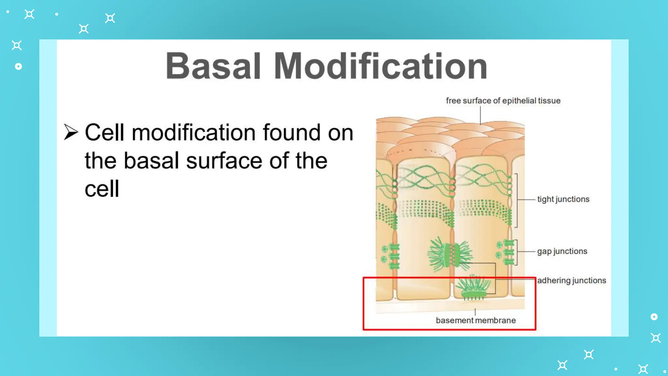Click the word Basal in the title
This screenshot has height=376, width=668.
click(213, 66)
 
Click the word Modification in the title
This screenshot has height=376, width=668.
click(380, 66)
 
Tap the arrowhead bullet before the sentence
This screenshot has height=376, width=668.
click(71, 132)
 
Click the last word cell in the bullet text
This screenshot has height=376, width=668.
click(102, 189)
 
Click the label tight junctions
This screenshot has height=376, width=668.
click(563, 199)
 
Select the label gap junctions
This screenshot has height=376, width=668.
click(562, 251)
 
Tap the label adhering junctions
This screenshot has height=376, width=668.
click(571, 280)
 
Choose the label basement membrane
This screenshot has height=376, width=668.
click(476, 321)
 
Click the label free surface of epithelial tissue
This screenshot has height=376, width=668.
click(503, 101)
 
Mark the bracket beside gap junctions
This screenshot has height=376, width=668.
click(516, 252)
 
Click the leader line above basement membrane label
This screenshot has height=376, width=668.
click(475, 312)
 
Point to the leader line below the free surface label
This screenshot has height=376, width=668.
click(480, 115)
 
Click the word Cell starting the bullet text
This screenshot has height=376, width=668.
click(105, 133)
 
